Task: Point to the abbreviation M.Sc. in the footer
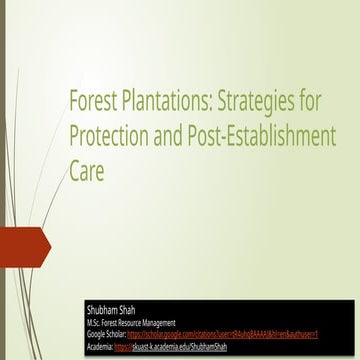pyautogui.click(x=97, y=323)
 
